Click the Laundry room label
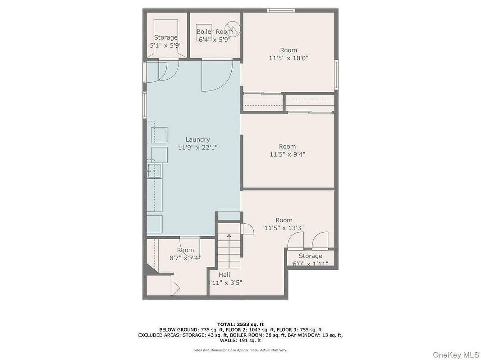pyautogui.click(x=197, y=139)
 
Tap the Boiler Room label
pyautogui.click(x=215, y=31)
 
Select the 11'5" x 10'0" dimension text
pyautogui.click(x=289, y=58)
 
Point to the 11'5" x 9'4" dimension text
pyautogui.click(x=288, y=155)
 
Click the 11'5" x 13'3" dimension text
pyautogui.click(x=284, y=228)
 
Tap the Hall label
pyautogui.click(x=224, y=274)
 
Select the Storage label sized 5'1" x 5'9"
pyautogui.click(x=165, y=37)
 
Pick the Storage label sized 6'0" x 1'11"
pyautogui.click(x=311, y=256)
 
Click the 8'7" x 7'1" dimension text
pyautogui.click(x=186, y=258)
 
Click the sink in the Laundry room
pyautogui.click(x=154, y=170)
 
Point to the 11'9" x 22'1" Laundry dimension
pyautogui.click(x=198, y=148)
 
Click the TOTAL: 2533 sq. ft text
pyautogui.click(x=241, y=324)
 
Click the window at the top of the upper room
pyautogui.click(x=281, y=10)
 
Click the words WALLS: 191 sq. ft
pyautogui.click(x=241, y=340)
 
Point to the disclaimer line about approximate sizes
pyautogui.click(x=240, y=350)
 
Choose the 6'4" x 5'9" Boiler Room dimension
pyautogui.click(x=215, y=40)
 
